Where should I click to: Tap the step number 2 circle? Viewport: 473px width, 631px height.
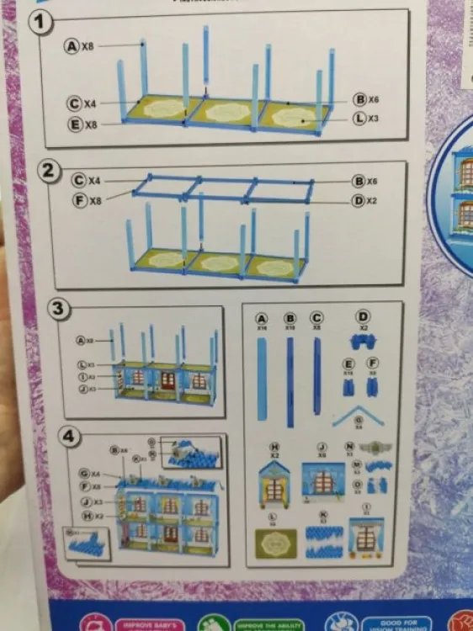point(50,172)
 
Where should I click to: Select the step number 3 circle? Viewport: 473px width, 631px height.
point(57,309)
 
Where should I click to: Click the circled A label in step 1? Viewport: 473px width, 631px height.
point(72,46)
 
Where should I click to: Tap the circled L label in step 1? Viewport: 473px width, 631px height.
point(359,118)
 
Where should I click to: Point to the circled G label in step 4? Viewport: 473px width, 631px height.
point(84,475)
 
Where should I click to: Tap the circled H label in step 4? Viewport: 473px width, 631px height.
point(85,516)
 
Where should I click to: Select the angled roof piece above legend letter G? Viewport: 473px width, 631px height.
point(364,413)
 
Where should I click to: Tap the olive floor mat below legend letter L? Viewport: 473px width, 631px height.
point(274,544)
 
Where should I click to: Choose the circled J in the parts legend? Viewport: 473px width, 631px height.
point(322,446)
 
